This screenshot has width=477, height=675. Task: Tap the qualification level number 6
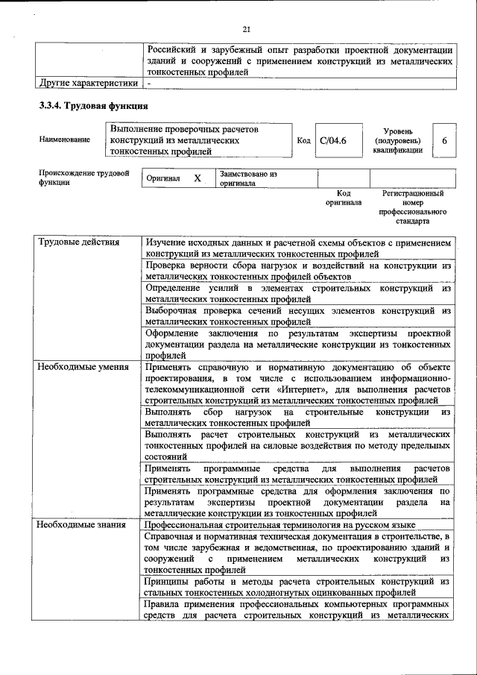pos(444,140)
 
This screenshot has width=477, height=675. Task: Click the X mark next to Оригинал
pos(198,179)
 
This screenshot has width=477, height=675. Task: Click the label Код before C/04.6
pos(303,140)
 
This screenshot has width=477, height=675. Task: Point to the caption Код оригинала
pos(344,198)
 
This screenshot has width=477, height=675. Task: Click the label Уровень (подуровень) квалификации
pos(397,139)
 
